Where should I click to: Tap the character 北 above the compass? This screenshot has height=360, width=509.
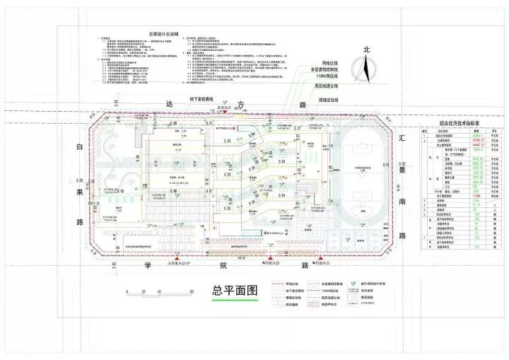[366, 50]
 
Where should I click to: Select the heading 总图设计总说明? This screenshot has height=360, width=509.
[163, 33]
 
